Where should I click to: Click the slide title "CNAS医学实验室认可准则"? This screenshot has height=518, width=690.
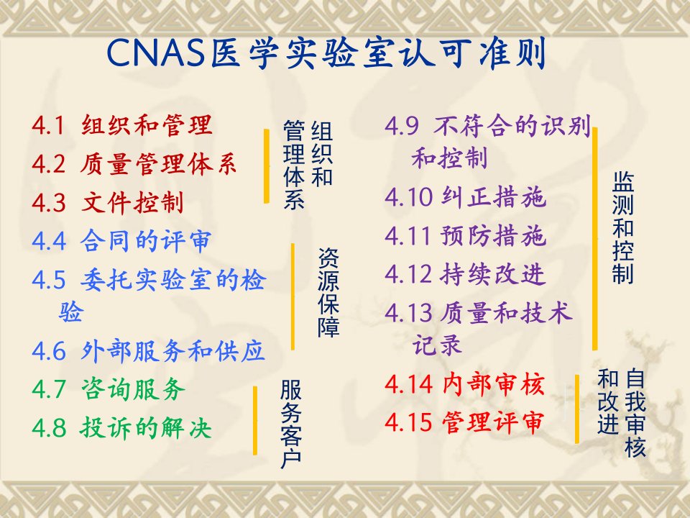pos(326,53)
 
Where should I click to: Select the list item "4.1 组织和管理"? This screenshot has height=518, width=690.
pos(122,125)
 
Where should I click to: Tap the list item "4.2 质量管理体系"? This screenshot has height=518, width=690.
pos(134,164)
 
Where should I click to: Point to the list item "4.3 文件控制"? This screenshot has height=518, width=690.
pos(108,203)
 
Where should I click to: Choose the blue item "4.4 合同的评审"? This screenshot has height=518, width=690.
pos(121,241)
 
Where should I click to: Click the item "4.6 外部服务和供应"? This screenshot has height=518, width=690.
pos(148,351)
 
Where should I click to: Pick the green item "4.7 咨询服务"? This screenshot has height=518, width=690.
pos(109,389)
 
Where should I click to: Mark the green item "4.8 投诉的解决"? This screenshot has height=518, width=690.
pos(121,427)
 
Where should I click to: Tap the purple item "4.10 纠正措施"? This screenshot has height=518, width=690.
pos(466,196)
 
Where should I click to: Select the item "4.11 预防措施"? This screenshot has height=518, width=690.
pos(466,235)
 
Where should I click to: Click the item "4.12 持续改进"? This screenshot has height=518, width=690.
pos(465,273)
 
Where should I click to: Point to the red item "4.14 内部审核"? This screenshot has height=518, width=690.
pos(465,383)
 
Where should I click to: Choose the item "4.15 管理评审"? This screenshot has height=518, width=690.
pos(464,422)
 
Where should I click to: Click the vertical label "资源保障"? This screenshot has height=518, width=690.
pos(328,292)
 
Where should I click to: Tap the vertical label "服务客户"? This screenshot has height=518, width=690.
pos(291,424)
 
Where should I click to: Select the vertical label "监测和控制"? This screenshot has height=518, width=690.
pos(622,228)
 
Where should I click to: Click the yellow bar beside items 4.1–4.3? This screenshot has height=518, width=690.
pos(266,166)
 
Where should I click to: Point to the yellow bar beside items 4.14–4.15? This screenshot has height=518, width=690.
pos(577,409)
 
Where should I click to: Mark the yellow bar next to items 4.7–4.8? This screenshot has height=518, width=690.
pos(254,420)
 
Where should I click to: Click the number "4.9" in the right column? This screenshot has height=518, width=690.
pos(401,125)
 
